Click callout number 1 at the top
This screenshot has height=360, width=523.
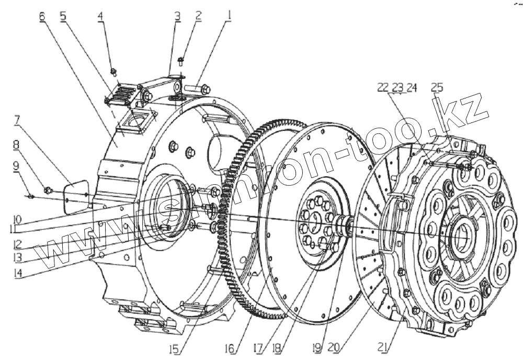coord(228,16)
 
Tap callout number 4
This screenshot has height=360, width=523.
coord(100,16)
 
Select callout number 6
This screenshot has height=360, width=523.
coord(42,16)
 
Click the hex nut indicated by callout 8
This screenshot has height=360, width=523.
coord(48,189)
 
